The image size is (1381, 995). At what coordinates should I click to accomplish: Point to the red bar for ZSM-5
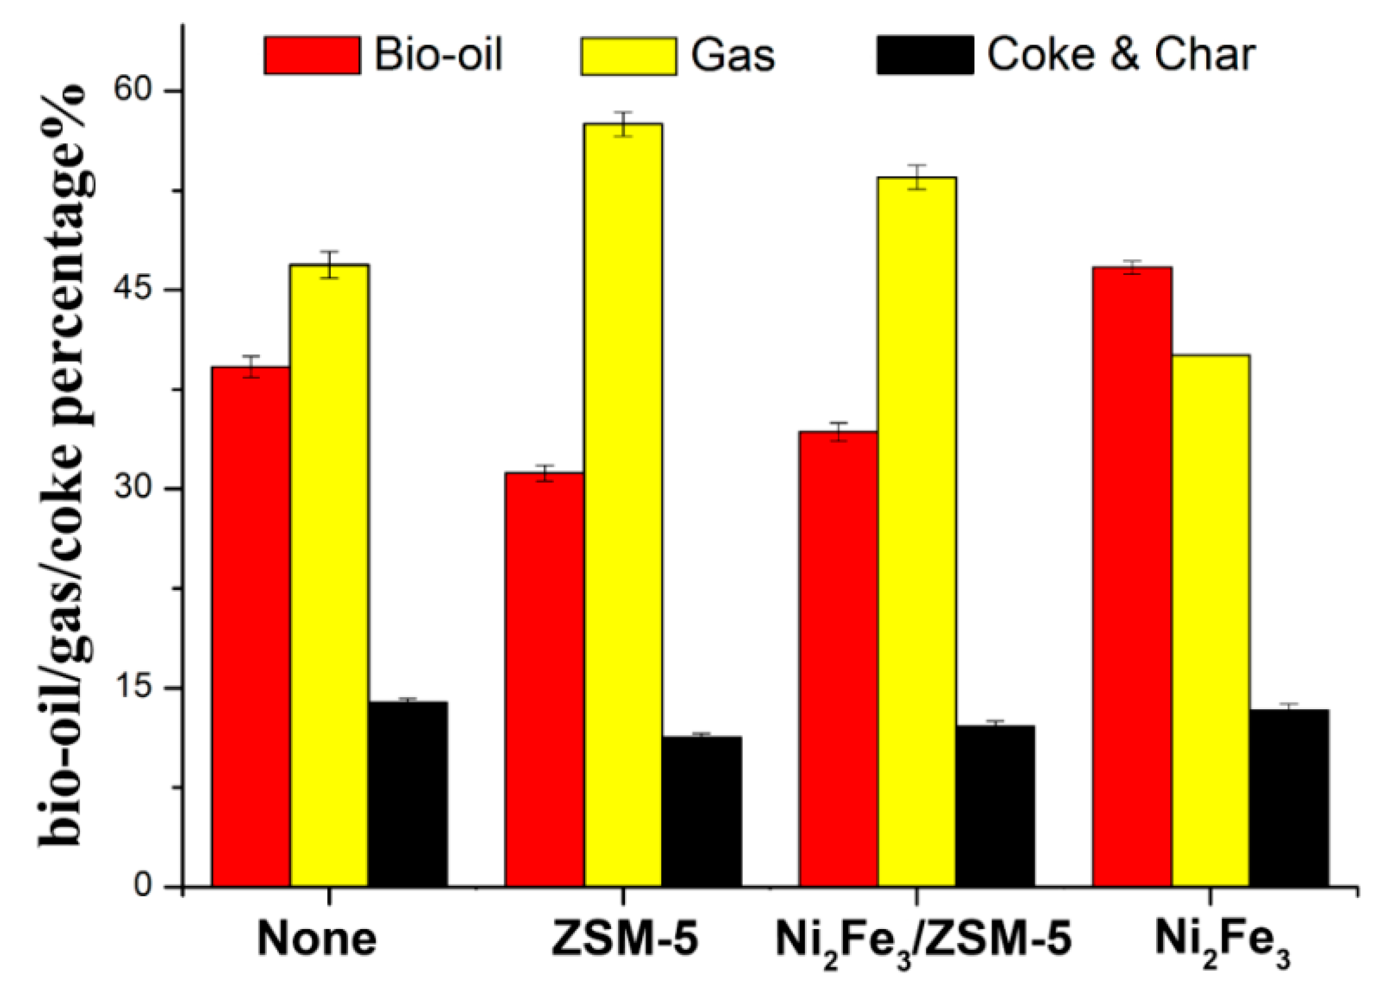click(544, 679)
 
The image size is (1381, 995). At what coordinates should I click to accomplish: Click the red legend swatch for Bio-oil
click(312, 56)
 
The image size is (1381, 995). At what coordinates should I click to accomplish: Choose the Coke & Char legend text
click(1121, 55)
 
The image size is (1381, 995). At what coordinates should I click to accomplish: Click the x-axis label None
click(316, 940)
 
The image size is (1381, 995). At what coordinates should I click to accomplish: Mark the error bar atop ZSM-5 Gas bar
click(623, 124)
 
